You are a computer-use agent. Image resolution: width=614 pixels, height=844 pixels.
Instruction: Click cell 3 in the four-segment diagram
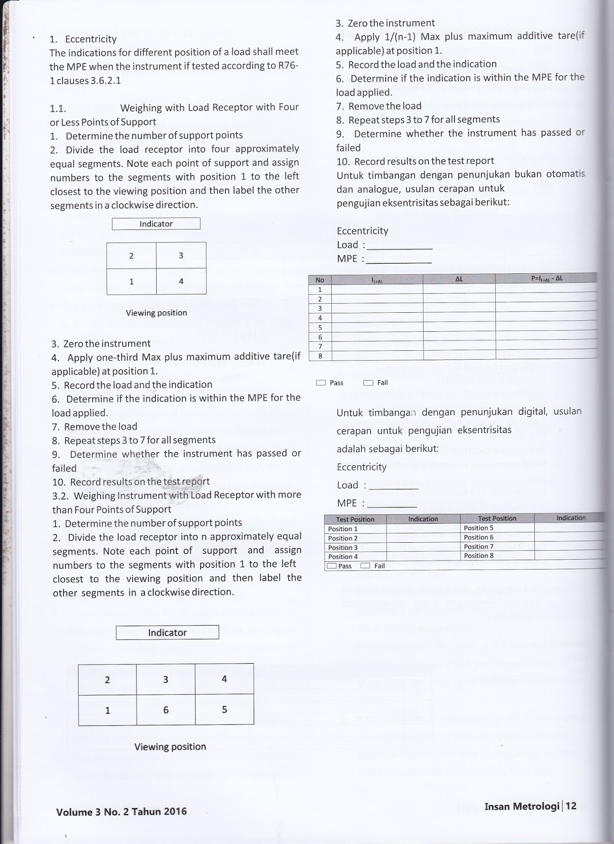181,256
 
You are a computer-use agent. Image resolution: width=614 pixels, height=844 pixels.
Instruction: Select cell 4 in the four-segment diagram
181,282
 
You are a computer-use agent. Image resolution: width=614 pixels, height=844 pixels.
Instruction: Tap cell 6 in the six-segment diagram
166,710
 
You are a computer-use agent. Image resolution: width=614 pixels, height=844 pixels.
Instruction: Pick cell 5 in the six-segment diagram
224,709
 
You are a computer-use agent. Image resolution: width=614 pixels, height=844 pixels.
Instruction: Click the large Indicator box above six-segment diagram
167,632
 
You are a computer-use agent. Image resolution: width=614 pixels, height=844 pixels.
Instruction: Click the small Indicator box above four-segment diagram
156,224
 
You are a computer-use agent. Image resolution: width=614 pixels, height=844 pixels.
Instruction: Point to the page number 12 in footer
571,806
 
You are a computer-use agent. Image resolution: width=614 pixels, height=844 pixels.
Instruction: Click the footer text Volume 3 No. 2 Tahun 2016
121,812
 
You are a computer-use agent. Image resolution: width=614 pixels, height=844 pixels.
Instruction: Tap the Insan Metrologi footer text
521,807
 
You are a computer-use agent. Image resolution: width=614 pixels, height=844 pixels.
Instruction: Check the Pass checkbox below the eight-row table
321,383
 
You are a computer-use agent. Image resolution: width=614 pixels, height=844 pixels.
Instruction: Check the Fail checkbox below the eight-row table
368,383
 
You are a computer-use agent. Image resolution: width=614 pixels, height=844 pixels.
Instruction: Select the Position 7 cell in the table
478,546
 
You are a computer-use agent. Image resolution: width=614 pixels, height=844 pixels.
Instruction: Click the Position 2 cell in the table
343,538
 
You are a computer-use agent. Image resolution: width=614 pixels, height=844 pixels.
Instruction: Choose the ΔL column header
459,279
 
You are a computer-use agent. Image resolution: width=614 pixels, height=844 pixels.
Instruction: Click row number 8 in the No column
320,356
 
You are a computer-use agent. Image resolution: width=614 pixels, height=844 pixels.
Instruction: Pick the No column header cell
320,280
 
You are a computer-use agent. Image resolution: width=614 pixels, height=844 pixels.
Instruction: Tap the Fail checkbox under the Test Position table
365,566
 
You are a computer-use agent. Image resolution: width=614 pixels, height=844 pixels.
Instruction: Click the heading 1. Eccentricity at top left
83,39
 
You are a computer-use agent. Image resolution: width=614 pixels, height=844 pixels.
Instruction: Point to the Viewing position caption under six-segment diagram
170,746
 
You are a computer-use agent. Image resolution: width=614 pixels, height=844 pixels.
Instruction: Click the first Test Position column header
355,519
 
